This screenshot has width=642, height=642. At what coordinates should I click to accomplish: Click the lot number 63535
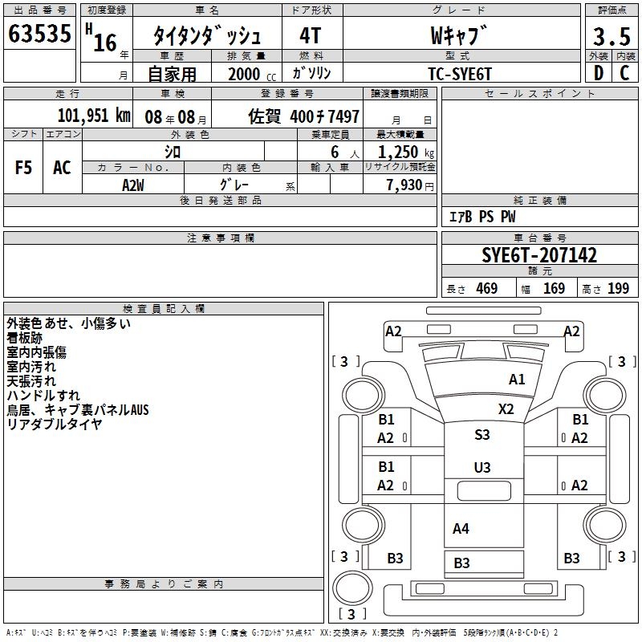point(39,34)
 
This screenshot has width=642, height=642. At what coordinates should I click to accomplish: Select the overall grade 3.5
point(612,37)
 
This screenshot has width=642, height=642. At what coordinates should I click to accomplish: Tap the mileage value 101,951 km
point(94,116)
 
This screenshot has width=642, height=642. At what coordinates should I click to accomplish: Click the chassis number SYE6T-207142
point(539,255)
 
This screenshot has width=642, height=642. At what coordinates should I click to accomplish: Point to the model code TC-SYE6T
point(460,74)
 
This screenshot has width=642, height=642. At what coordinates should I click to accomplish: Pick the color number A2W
point(133,185)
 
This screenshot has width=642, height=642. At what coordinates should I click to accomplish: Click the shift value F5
point(23,168)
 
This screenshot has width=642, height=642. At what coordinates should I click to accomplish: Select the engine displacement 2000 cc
point(252,75)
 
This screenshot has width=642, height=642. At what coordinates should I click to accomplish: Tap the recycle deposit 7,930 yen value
point(410,185)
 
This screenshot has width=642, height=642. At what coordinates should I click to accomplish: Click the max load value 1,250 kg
point(406,152)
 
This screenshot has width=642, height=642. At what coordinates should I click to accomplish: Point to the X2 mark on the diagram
point(506,409)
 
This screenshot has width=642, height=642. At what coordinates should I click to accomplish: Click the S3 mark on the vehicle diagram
point(482,434)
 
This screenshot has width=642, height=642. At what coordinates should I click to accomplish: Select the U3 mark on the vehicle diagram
point(482,468)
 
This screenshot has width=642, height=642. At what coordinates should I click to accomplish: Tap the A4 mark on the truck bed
point(461,529)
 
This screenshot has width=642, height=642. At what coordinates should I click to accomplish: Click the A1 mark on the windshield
point(517,380)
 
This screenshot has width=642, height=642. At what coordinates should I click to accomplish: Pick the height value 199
point(618,289)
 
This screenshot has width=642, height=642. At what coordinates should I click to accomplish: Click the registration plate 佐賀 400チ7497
point(304,116)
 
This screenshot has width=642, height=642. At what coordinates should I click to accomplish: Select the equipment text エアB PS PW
point(482,217)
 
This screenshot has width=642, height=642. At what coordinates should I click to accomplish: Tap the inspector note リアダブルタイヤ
point(55,425)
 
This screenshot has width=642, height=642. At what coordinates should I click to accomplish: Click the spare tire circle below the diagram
point(352,587)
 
